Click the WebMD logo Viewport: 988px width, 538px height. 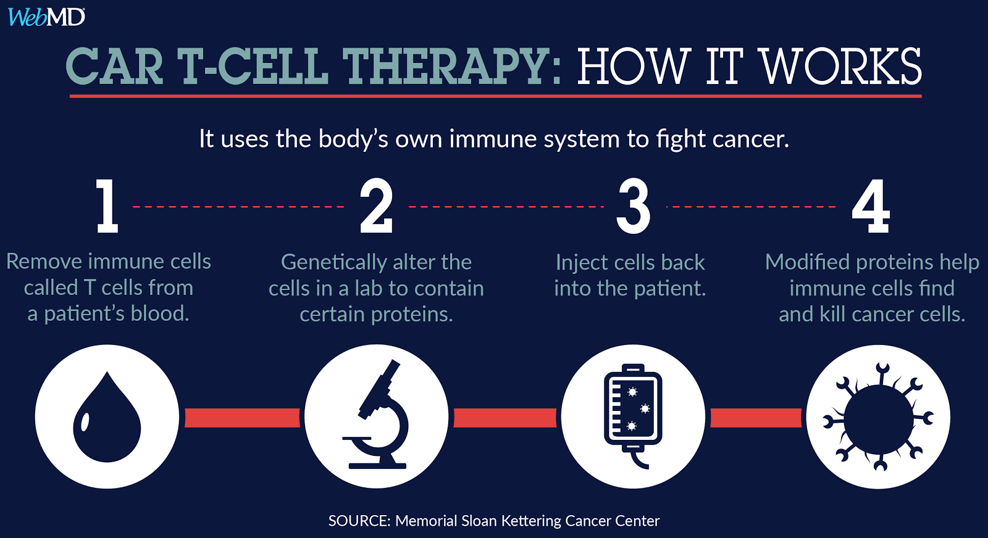(46, 17)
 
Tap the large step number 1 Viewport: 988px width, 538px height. (107, 206)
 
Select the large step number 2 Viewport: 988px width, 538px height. (376, 206)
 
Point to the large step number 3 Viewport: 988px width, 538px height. (634, 206)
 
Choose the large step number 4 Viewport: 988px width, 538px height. (871, 206)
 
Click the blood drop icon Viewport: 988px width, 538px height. (107, 417)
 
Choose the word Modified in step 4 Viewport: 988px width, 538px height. (808, 262)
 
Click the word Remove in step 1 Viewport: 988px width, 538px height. (44, 262)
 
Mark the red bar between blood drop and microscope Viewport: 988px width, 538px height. (242, 418)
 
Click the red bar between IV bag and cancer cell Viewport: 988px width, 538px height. (756, 418)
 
